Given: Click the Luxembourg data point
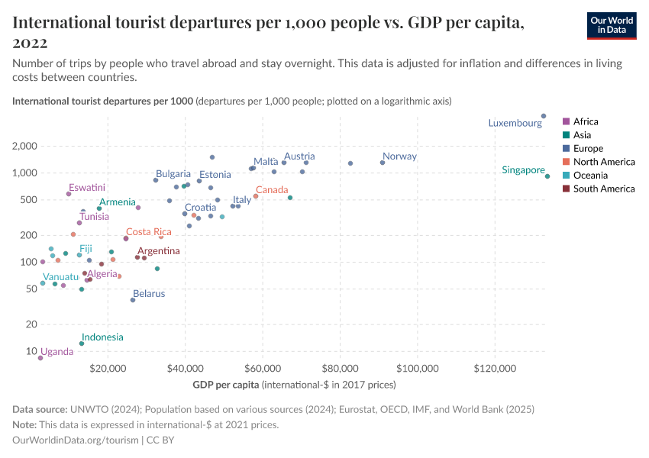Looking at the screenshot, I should point(544,116).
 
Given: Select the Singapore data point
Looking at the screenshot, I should point(547,176).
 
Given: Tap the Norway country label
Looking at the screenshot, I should point(399,156).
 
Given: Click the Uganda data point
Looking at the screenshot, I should point(40,357).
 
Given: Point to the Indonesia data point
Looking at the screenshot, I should point(82,343).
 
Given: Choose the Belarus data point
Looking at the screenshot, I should point(133,300).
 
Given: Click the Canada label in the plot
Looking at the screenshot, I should point(272,189).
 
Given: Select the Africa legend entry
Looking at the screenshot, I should point(586,121).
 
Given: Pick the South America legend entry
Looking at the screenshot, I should point(603,189).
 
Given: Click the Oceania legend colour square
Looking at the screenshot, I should point(566,176).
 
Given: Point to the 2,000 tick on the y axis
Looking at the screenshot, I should point(25,146).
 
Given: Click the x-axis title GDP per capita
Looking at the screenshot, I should point(226,384).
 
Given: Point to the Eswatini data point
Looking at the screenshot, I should point(69,194).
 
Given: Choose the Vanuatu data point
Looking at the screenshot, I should point(43,283).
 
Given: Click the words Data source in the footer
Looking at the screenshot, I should point(40,410).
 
